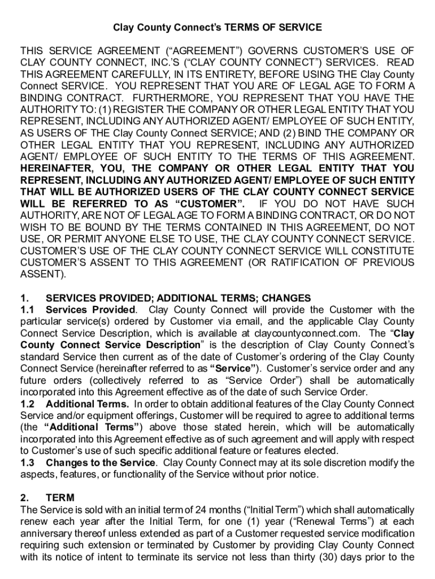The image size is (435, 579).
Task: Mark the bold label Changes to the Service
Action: pos(100,463)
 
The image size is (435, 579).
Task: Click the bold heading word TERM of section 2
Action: pos(60,498)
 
